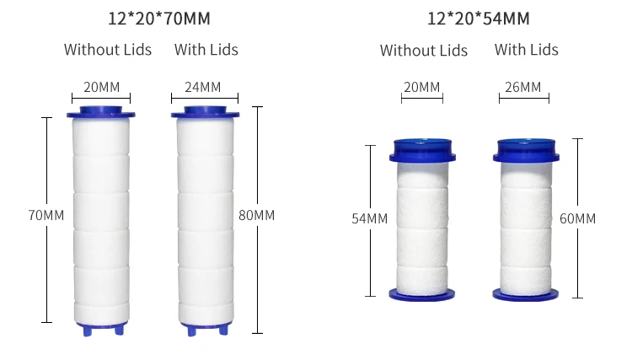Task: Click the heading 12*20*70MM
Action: [159, 19]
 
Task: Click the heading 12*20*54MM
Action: [479, 19]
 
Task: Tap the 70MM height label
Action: [46, 215]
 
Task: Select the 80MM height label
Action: [257, 215]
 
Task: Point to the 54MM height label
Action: [370, 218]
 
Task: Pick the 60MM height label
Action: [577, 218]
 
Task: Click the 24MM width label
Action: [203, 87]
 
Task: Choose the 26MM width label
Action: [522, 87]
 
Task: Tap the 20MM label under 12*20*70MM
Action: [102, 87]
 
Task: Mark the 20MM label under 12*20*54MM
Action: [422, 87]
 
